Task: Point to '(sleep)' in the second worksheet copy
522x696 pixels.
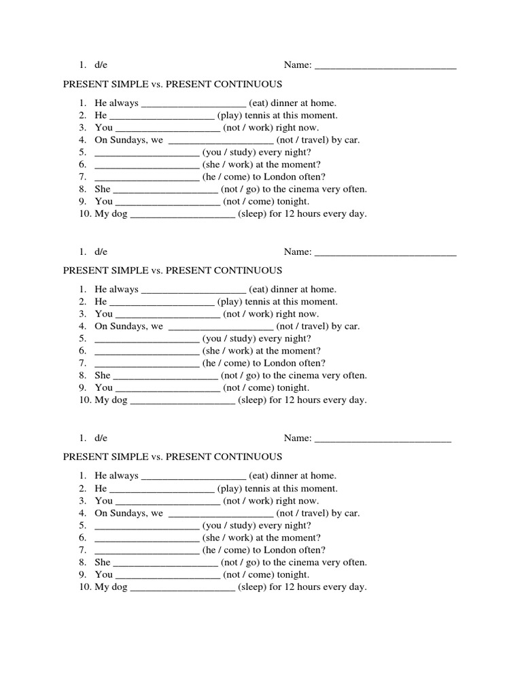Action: (253, 400)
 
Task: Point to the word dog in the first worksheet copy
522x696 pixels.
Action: (120, 213)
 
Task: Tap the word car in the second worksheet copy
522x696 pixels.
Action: (352, 326)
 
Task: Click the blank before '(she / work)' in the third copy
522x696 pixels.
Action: (147, 538)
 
